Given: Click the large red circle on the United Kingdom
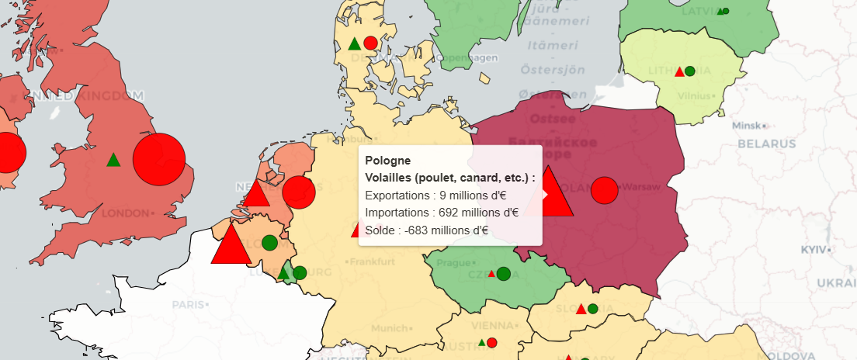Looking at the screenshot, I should [x=159, y=160].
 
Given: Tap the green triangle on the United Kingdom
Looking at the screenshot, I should [x=113, y=161].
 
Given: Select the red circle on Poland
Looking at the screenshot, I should [x=604, y=190].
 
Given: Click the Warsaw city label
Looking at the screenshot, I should [x=640, y=187].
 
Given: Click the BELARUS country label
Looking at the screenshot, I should [x=767, y=144].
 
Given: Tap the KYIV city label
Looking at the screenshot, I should [x=815, y=250].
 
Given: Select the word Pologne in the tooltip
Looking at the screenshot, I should [x=388, y=161].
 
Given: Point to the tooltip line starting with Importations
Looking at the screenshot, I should [x=441, y=212].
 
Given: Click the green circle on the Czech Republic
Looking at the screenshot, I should [x=503, y=274].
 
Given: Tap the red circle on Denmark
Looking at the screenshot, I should [x=370, y=43].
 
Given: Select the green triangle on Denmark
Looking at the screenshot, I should [x=355, y=44].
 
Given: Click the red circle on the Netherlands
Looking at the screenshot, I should [x=298, y=192].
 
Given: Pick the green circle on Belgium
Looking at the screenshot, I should [x=269, y=243].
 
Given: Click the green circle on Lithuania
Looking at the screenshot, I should [x=689, y=71].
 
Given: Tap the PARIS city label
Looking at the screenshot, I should [x=189, y=304].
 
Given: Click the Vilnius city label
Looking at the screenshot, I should [x=693, y=95].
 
